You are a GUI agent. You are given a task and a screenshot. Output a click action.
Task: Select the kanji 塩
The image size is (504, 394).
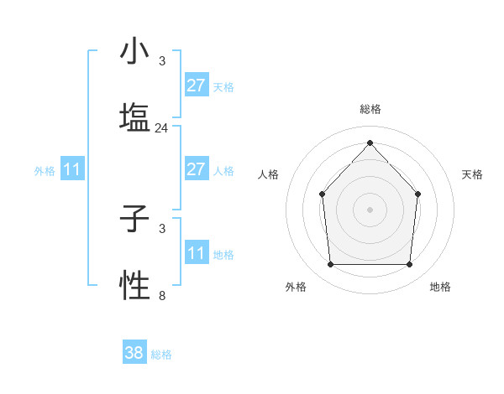click(x=134, y=117)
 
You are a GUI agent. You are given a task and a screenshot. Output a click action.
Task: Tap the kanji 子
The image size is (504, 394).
click(x=134, y=220)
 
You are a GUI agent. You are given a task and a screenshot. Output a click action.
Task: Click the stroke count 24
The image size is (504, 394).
click(x=162, y=128)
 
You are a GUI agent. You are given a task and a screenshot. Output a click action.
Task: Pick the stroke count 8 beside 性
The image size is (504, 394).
click(x=162, y=295)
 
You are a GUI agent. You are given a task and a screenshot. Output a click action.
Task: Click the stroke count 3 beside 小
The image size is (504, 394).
click(x=162, y=61)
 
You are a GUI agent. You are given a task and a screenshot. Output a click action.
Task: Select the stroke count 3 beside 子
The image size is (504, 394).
click(x=162, y=228)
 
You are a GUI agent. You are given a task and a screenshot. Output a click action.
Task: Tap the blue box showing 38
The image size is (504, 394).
click(x=134, y=353)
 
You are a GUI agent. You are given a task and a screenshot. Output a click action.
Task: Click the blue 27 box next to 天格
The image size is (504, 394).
click(x=196, y=86)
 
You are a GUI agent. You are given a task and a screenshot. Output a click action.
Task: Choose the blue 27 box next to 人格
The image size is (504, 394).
click(x=196, y=169)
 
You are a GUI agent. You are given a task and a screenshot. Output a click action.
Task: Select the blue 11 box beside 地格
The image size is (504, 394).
click(x=196, y=253)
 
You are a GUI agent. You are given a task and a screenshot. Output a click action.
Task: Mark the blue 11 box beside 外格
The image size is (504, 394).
click(x=72, y=170)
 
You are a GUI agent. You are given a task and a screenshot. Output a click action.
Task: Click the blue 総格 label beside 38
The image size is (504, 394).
click(x=161, y=355)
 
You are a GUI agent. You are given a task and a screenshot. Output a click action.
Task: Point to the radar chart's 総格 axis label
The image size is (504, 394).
click(x=370, y=109)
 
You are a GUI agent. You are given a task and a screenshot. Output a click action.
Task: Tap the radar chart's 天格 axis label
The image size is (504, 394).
click(x=472, y=174)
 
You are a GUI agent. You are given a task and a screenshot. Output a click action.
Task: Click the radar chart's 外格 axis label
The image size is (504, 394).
click(x=296, y=287)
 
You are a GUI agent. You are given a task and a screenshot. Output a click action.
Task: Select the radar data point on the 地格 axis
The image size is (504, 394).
click(x=410, y=265)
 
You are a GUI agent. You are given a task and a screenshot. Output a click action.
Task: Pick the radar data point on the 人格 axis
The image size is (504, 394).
click(x=323, y=194)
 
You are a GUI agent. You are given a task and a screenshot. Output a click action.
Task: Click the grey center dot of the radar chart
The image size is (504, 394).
click(x=370, y=210)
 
